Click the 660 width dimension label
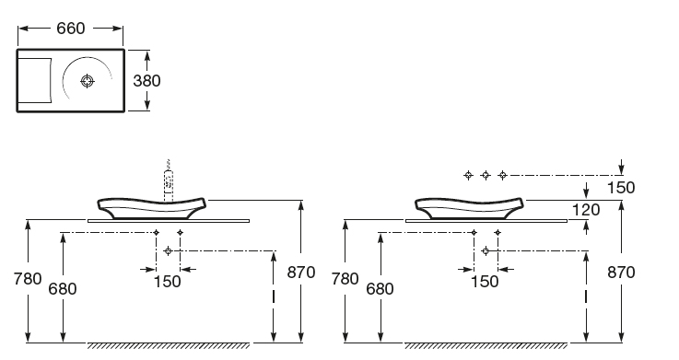tap(71, 29)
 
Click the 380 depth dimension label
tap(146, 81)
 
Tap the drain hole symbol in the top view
tap(88, 81)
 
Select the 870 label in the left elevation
tap(301, 273)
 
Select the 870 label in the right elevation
tap(621, 273)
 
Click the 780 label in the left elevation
tap(28, 279)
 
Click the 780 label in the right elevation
tap(345, 279)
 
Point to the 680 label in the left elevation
tap(63, 288)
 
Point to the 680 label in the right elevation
tap(380, 288)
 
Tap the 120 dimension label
tap(586, 210)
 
